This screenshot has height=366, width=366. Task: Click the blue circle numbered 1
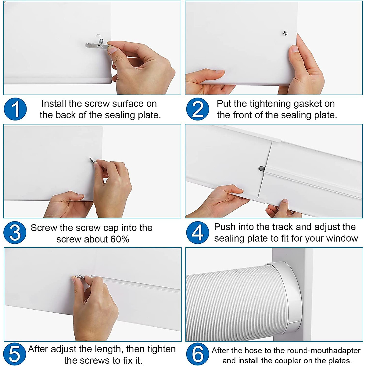pyautogui.click(x=15, y=109)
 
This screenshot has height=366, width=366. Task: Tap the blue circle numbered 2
pyautogui.click(x=198, y=109)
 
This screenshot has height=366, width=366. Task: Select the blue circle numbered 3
pyautogui.click(x=15, y=232)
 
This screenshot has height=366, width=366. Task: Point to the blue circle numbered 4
pyautogui.click(x=198, y=232)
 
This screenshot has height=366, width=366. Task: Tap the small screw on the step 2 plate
pyautogui.click(x=285, y=34)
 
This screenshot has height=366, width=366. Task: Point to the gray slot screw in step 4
pyautogui.click(x=262, y=168)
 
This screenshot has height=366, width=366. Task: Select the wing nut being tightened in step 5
pyautogui.click(x=80, y=277)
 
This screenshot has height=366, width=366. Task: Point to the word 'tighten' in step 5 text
pyautogui.click(x=162, y=349)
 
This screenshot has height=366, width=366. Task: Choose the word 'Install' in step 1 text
pyautogui.click(x=54, y=104)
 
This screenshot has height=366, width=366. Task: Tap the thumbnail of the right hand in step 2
pyautogui.click(x=295, y=49)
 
